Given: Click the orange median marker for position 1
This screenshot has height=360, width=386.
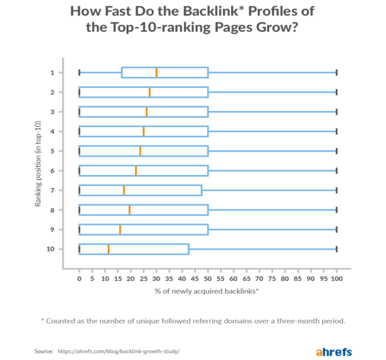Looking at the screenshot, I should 156,72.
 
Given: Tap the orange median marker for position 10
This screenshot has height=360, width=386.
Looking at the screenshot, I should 108,249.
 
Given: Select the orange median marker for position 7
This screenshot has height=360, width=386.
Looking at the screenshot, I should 124,190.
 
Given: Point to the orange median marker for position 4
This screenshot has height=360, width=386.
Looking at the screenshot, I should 143,131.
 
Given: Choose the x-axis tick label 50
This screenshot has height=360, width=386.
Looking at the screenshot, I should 208,279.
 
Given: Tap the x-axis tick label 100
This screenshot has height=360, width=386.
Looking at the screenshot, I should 337,279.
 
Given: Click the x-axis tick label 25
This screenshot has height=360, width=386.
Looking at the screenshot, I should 143,279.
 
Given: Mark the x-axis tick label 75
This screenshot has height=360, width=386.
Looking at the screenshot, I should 272,279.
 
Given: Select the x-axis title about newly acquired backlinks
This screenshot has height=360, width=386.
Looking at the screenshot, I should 206,291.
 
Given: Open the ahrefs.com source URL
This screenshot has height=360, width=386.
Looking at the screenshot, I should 118,352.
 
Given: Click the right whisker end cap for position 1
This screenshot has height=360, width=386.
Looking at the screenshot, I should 336,72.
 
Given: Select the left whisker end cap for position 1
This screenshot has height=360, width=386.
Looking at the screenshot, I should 79,72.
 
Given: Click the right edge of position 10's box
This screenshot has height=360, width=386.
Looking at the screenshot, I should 189,249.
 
